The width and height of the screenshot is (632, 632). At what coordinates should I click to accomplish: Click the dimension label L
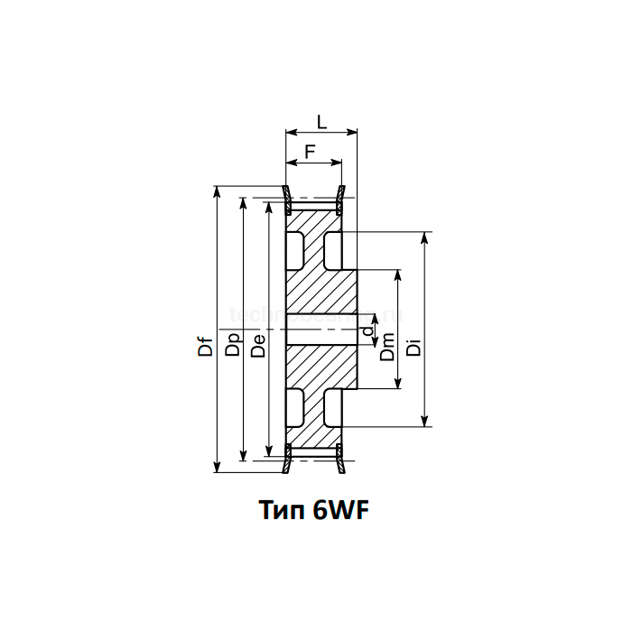pos(321,122)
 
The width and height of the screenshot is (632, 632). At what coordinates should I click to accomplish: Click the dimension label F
pos(309,152)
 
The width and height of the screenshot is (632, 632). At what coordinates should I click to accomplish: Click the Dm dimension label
pos(387,347)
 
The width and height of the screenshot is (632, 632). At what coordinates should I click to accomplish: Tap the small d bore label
pos(366,332)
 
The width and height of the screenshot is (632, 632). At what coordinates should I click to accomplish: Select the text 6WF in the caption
pos(342,512)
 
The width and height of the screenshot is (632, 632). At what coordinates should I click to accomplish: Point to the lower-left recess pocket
pos(294,407)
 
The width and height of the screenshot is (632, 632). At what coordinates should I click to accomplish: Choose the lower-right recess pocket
pos(332,407)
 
